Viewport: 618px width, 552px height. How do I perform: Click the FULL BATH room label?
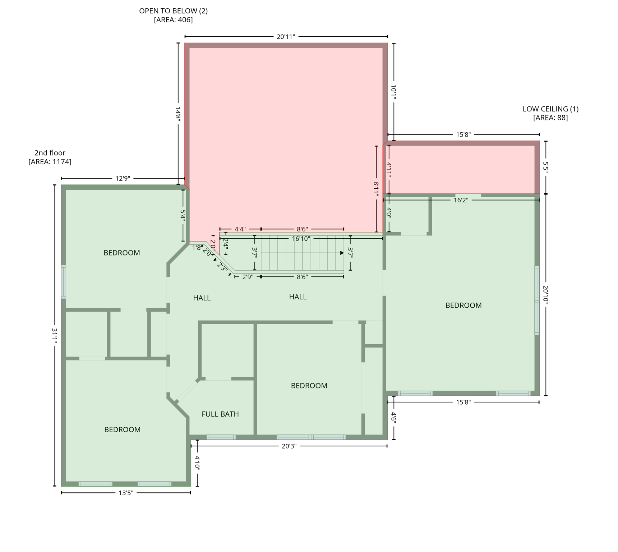(220, 414)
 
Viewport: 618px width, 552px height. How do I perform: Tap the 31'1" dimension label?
(55, 336)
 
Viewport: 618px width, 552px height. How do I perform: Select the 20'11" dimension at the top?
(286, 37)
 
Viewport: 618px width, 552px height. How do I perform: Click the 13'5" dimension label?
(126, 493)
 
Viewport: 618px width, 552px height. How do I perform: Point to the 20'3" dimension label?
(289, 446)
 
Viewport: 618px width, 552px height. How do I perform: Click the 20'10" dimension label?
(545, 295)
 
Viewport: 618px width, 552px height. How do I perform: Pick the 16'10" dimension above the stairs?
(301, 238)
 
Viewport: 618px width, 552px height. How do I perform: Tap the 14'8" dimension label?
(178, 113)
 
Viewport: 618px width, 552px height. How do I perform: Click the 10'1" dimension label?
(393, 92)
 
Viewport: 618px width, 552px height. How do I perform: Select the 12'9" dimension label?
(123, 178)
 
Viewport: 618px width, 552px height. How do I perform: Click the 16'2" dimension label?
(461, 200)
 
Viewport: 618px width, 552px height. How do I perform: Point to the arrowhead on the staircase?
(342, 253)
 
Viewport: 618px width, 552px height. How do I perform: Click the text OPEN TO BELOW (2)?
(173, 11)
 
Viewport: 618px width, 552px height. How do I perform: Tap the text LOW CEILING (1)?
(550, 109)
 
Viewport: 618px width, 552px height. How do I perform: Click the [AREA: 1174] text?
(50, 162)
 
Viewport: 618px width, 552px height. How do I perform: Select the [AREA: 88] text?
(550, 118)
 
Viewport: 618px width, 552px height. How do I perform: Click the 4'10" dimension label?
(197, 463)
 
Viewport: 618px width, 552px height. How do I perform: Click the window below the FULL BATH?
(221, 437)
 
